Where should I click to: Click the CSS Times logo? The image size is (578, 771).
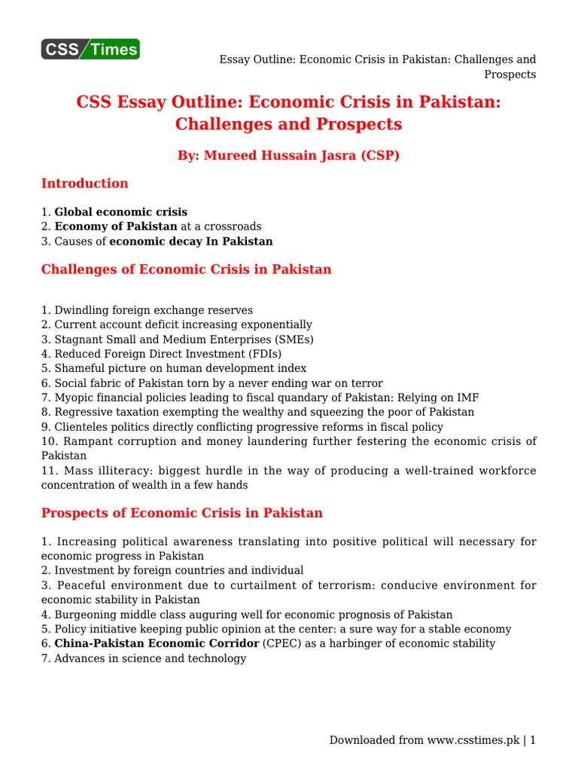tap(90, 50)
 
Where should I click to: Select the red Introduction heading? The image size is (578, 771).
tap(84, 183)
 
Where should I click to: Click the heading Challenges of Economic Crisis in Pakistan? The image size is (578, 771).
tap(186, 269)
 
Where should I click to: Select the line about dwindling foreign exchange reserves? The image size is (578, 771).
tap(147, 310)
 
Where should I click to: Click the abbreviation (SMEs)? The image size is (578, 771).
tap(294, 339)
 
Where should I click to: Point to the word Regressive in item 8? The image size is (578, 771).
tap(81, 412)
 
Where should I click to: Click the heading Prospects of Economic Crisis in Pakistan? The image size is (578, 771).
tap(181, 513)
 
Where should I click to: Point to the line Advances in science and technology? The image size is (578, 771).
tap(144, 659)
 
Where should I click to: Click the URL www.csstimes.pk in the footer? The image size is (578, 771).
tap(475, 740)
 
